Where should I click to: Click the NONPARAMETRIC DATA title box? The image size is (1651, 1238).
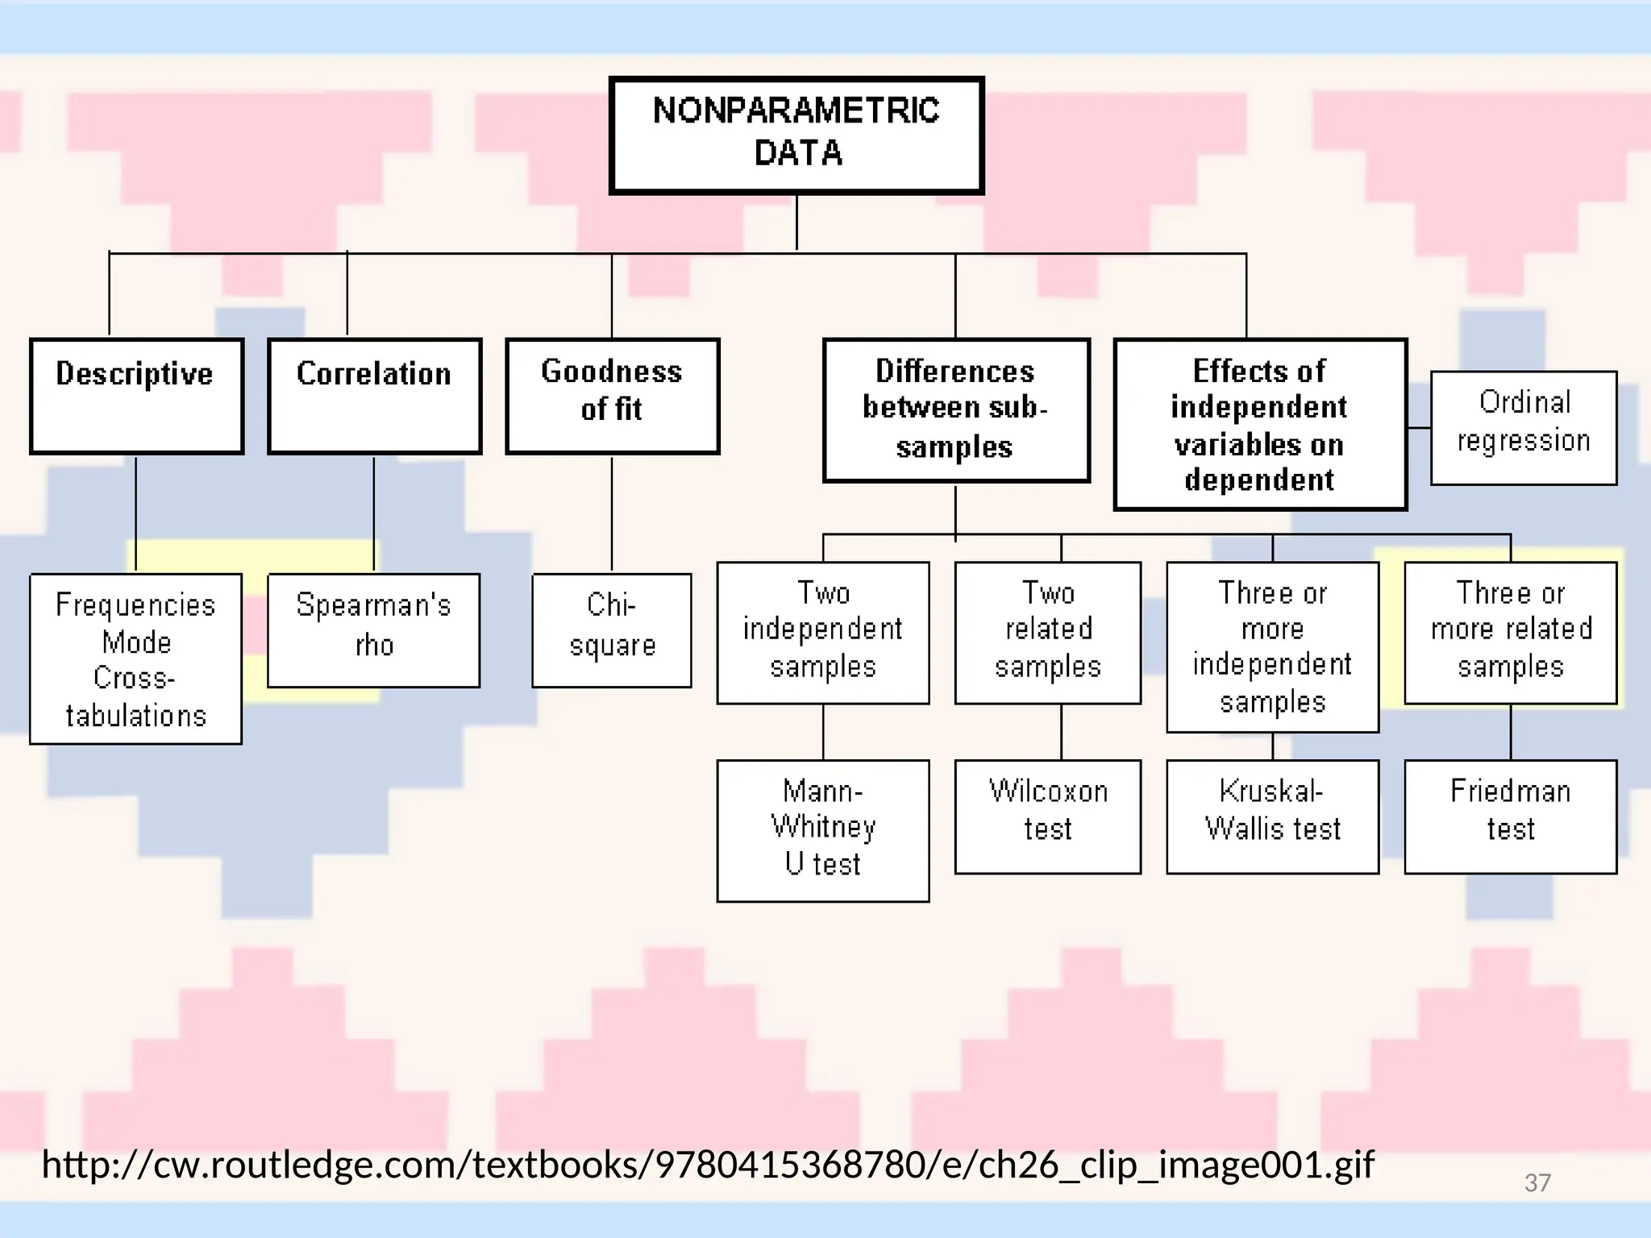tap(796, 135)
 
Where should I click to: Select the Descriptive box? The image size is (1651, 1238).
tap(136, 396)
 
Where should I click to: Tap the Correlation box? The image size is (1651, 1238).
tap(374, 396)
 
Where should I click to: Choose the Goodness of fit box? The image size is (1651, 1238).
tap(612, 396)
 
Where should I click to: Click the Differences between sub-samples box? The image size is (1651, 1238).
tap(956, 409)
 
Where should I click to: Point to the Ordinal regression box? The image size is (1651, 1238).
tap(1524, 427)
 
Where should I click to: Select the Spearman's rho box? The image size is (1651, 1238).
tap(373, 629)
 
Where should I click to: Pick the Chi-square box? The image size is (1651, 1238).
tap(611, 629)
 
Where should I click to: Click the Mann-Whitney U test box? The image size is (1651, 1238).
tap(822, 829)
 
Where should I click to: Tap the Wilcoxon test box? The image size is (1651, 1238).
tap(1047, 816)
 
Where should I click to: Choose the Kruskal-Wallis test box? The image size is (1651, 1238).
tap(1272, 816)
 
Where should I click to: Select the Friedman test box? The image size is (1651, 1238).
tap(1510, 816)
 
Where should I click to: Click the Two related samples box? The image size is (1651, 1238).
tap(1047, 632)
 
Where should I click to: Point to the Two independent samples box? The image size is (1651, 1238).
tap(822, 632)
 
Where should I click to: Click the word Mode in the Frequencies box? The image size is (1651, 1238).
tap(136, 642)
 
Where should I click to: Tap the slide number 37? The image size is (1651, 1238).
tap(1537, 1182)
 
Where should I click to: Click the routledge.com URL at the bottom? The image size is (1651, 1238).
tap(707, 1164)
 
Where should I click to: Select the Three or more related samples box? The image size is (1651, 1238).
tap(1510, 632)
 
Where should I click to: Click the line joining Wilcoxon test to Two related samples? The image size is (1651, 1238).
tap(1061, 732)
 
